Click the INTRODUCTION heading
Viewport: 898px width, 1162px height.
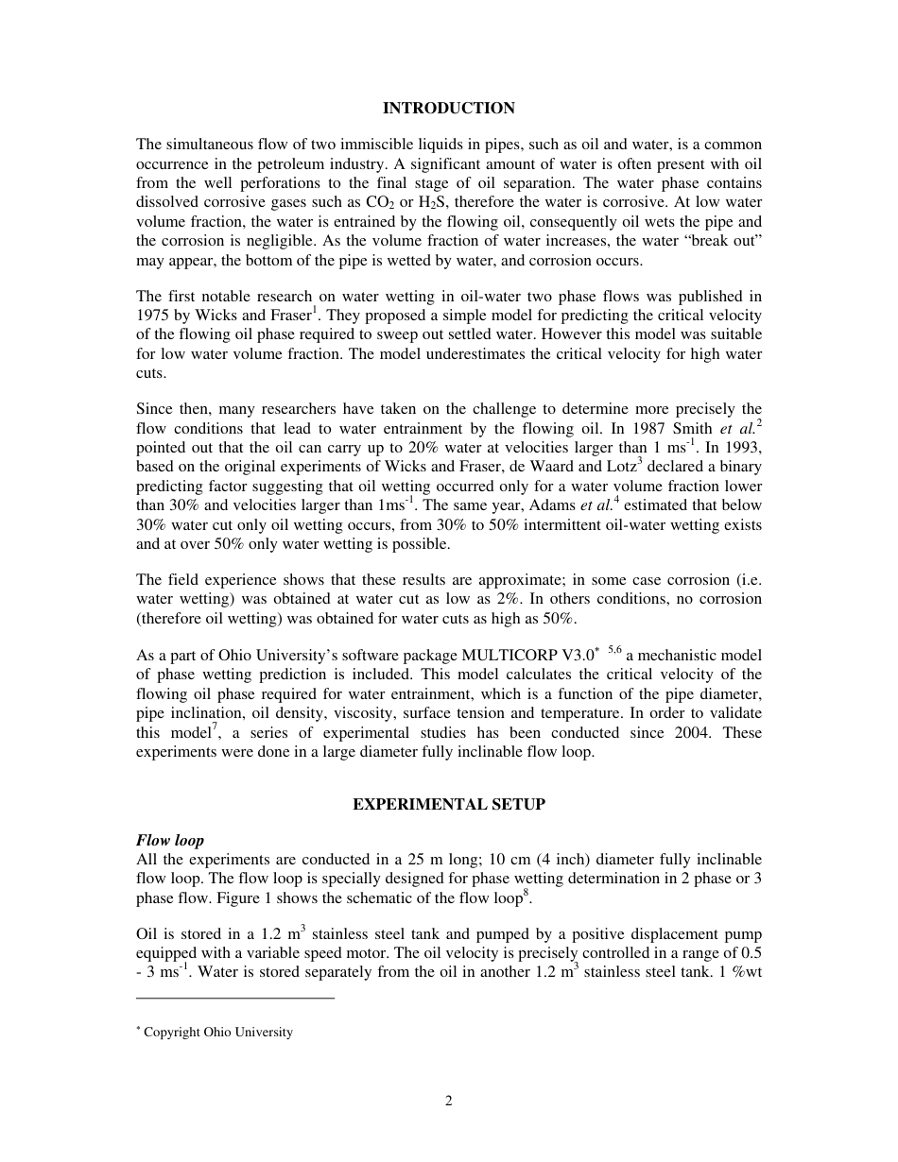tap(448, 109)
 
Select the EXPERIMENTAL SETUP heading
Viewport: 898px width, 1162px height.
tap(448, 804)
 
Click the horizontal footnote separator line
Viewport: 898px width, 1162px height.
tap(235, 998)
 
